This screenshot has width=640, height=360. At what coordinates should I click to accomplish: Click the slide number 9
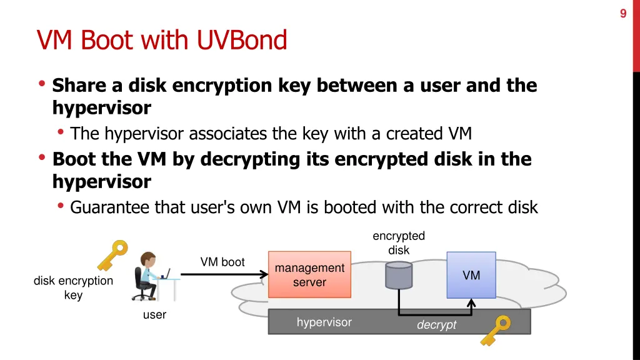623,14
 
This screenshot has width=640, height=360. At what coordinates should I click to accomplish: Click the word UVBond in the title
242,41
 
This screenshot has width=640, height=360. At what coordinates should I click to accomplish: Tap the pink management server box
309,275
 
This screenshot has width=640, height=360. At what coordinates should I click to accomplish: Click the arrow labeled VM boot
222,274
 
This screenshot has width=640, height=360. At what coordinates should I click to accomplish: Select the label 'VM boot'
222,262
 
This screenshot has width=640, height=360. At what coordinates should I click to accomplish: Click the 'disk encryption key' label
73,288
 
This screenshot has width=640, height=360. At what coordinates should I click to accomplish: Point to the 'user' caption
154,315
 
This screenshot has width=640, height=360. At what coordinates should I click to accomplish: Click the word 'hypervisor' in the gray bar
324,322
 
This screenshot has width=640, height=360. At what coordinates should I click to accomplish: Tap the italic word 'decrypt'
436,325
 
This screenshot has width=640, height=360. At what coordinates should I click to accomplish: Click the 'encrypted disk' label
399,243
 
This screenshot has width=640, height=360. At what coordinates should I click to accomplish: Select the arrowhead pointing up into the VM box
472,302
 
